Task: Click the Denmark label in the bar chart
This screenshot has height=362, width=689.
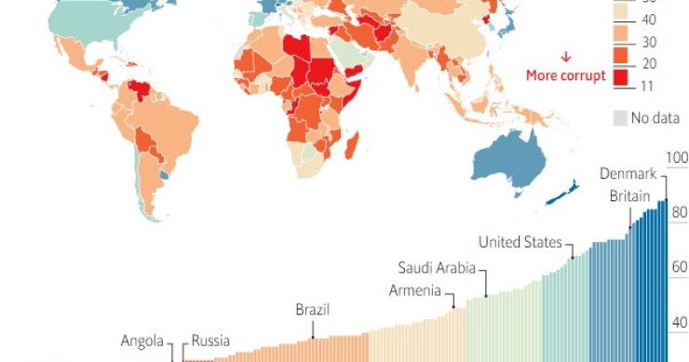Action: (628, 173)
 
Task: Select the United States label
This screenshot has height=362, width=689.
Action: (520, 243)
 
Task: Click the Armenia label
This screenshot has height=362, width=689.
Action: (414, 289)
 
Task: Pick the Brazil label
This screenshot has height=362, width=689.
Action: (313, 310)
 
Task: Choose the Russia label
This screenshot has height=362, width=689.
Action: (210, 341)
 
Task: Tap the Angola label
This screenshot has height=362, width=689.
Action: (142, 341)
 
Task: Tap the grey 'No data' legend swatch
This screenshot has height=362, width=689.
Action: (620, 118)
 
